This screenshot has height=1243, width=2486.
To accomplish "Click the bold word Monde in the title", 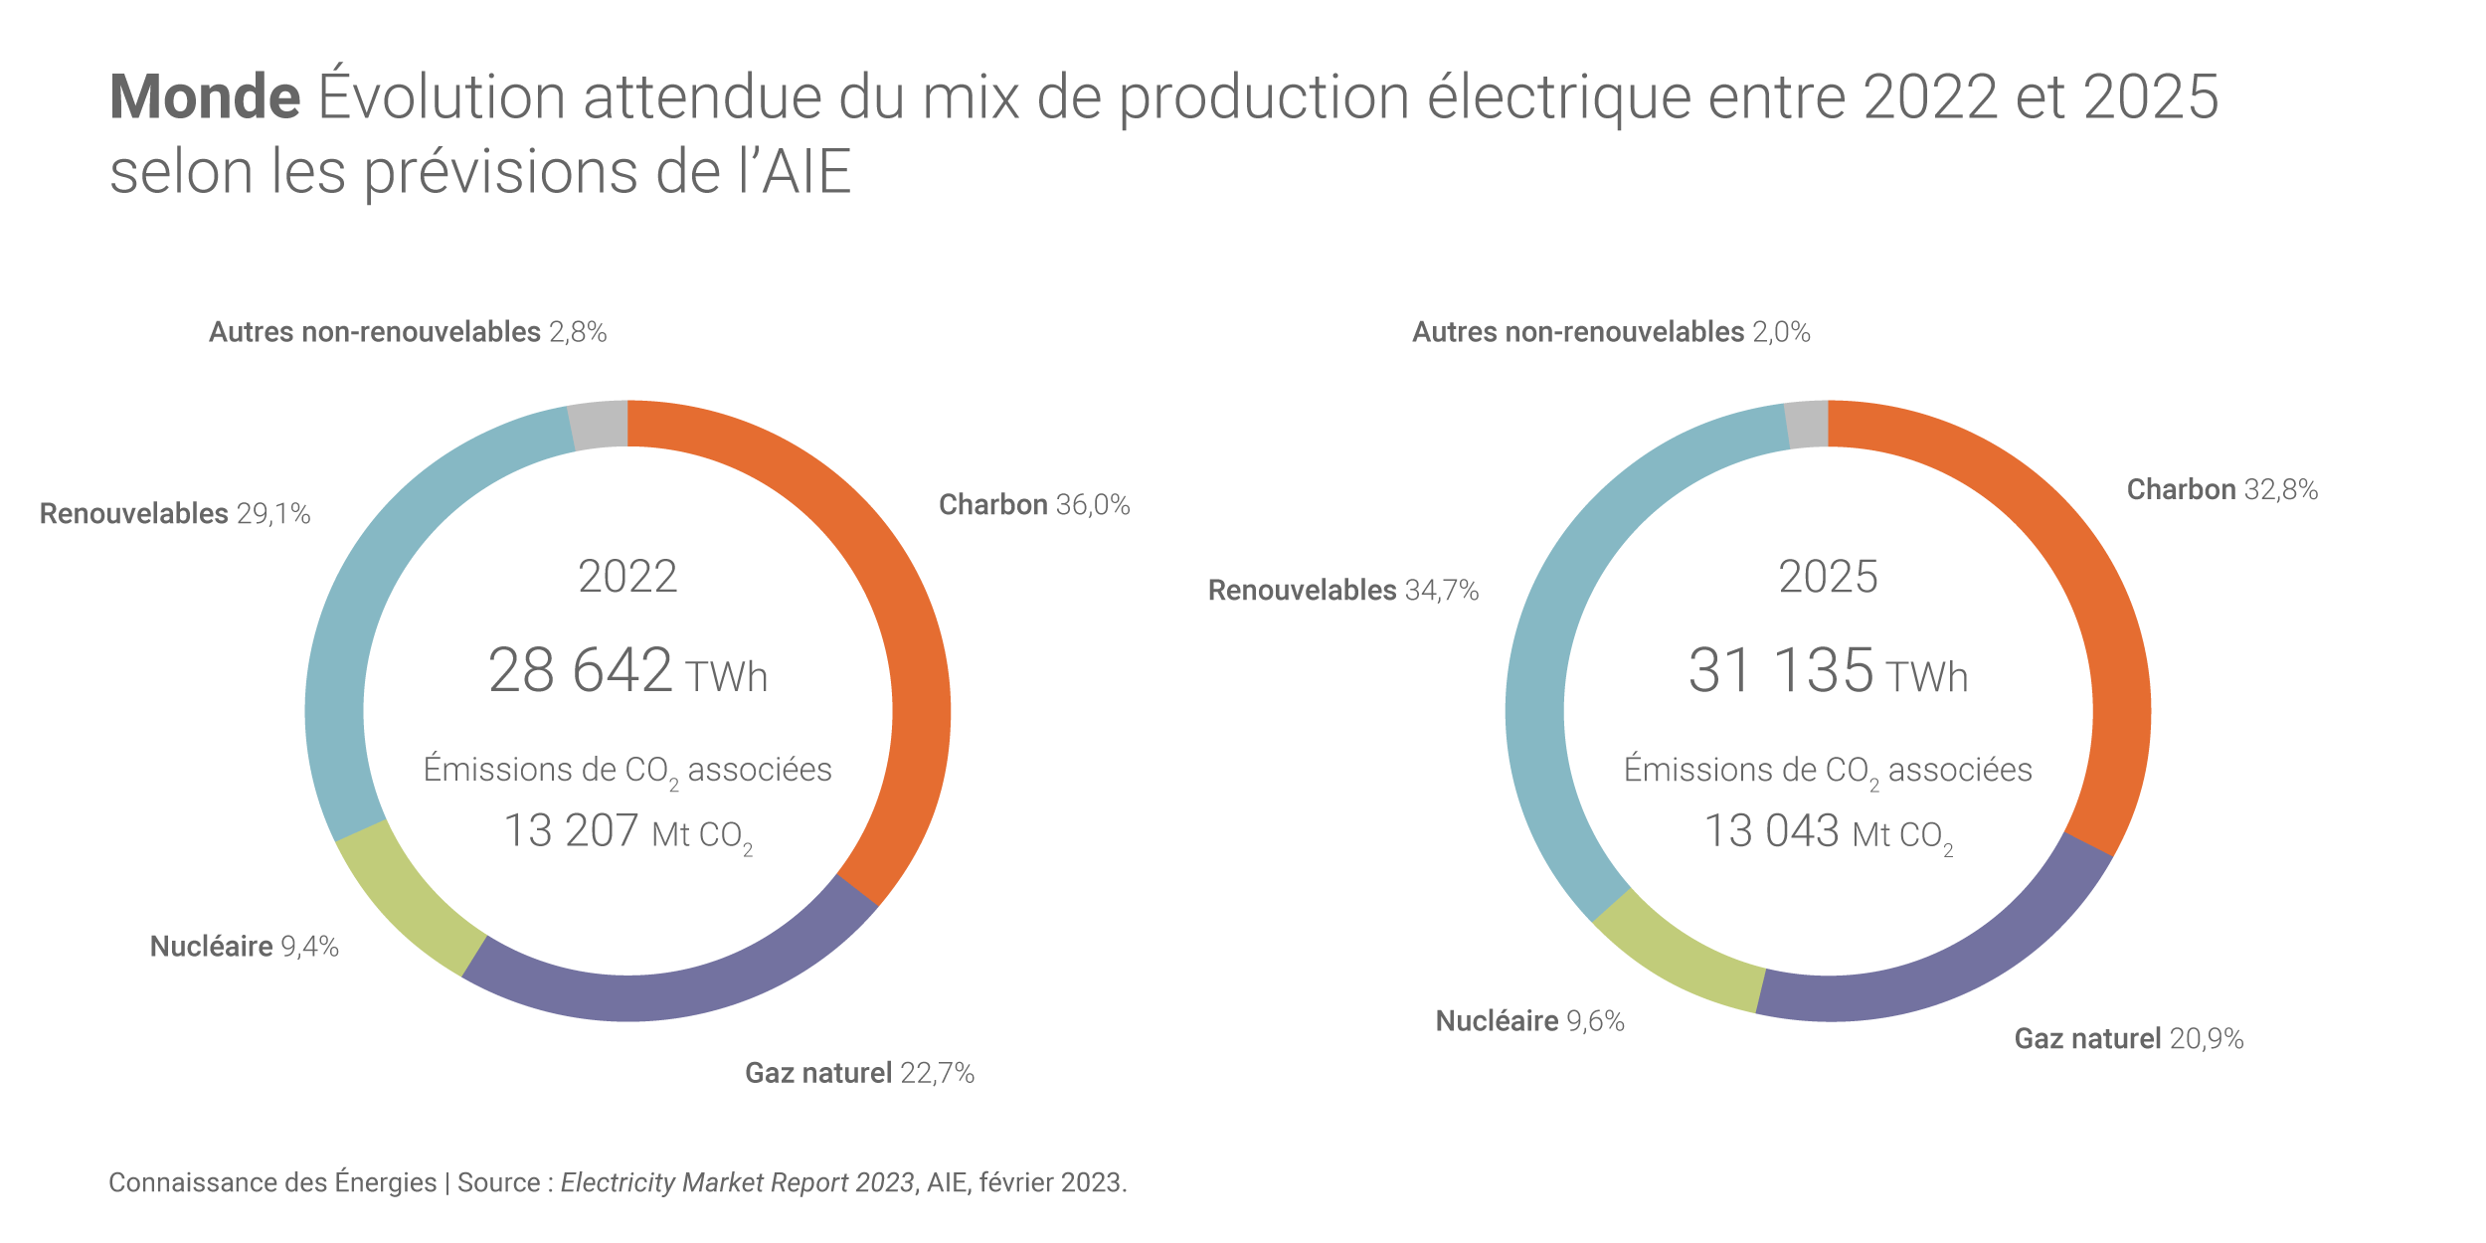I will click(205, 97).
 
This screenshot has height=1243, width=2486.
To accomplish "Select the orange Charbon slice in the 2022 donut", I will click(895, 597).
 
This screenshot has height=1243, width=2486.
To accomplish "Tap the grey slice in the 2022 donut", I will click(599, 426).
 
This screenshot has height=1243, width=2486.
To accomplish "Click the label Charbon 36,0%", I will click(1034, 505).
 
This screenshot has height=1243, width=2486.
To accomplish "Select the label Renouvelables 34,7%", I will click(1342, 591).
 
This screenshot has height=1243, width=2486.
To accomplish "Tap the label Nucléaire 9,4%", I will click(245, 947).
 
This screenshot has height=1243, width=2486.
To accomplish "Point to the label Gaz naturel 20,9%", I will click(2128, 1039).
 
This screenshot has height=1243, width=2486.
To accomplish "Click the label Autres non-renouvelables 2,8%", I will click(408, 332).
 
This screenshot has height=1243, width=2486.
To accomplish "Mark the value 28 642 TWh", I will click(627, 671).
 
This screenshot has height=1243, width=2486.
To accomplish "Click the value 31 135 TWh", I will click(1828, 671).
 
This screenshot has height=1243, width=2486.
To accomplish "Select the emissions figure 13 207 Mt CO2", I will click(627, 832).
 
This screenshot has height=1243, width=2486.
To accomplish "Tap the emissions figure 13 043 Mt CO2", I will click(1828, 832).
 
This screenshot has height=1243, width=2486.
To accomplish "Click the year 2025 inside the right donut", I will click(1828, 577).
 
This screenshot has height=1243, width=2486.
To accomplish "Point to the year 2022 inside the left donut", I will click(627, 577).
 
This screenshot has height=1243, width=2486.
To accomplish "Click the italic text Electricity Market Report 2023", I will click(737, 1182).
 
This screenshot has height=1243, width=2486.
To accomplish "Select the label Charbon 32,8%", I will click(2221, 490).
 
